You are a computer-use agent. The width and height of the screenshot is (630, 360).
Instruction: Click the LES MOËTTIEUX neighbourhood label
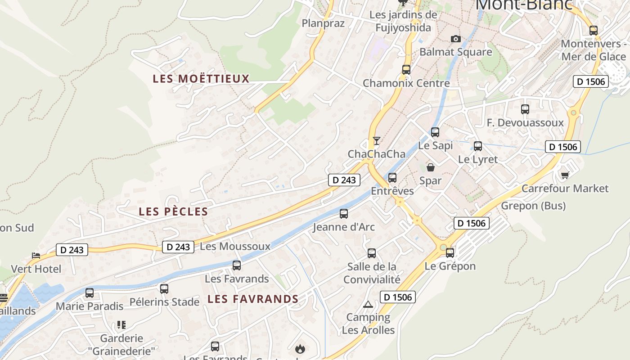pos(201,79)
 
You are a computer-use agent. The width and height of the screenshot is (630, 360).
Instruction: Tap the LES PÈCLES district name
pos(173,211)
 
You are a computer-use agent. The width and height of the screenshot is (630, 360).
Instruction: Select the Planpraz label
pos(323,23)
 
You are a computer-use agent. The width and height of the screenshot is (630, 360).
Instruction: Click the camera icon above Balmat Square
pos(456,39)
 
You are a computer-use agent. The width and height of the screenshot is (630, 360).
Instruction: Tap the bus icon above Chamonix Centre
pos(406,70)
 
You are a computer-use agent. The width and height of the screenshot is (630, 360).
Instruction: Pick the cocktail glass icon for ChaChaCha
pos(376,141)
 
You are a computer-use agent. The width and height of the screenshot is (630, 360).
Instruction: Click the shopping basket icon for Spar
pos(431,168)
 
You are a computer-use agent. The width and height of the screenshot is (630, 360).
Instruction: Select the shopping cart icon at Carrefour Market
pos(565,175)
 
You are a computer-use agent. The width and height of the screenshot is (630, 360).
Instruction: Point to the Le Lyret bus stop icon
pos(478,146)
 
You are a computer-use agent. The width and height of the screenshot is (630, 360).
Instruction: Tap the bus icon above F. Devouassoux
pos(525,109)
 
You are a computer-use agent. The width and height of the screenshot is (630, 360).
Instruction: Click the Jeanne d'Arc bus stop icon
pos(344,214)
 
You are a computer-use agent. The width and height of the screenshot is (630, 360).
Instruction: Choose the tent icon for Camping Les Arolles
pos(368,304)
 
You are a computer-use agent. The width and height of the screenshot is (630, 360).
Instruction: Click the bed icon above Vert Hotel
pos(36,256)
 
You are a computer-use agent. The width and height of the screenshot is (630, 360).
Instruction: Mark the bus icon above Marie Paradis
pos(90,293)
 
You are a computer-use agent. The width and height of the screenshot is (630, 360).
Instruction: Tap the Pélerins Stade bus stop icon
pos(164,289)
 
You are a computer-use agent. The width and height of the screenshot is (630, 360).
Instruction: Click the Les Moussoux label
pos(235,247)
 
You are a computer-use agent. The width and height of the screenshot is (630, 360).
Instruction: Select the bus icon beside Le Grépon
pos(450,253)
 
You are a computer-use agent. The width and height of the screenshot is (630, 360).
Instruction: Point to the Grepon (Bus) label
pos(533,206)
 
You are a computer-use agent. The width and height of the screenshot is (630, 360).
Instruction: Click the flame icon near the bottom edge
pos(300,349)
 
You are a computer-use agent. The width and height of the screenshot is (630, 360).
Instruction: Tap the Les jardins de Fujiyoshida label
pos(403,21)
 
